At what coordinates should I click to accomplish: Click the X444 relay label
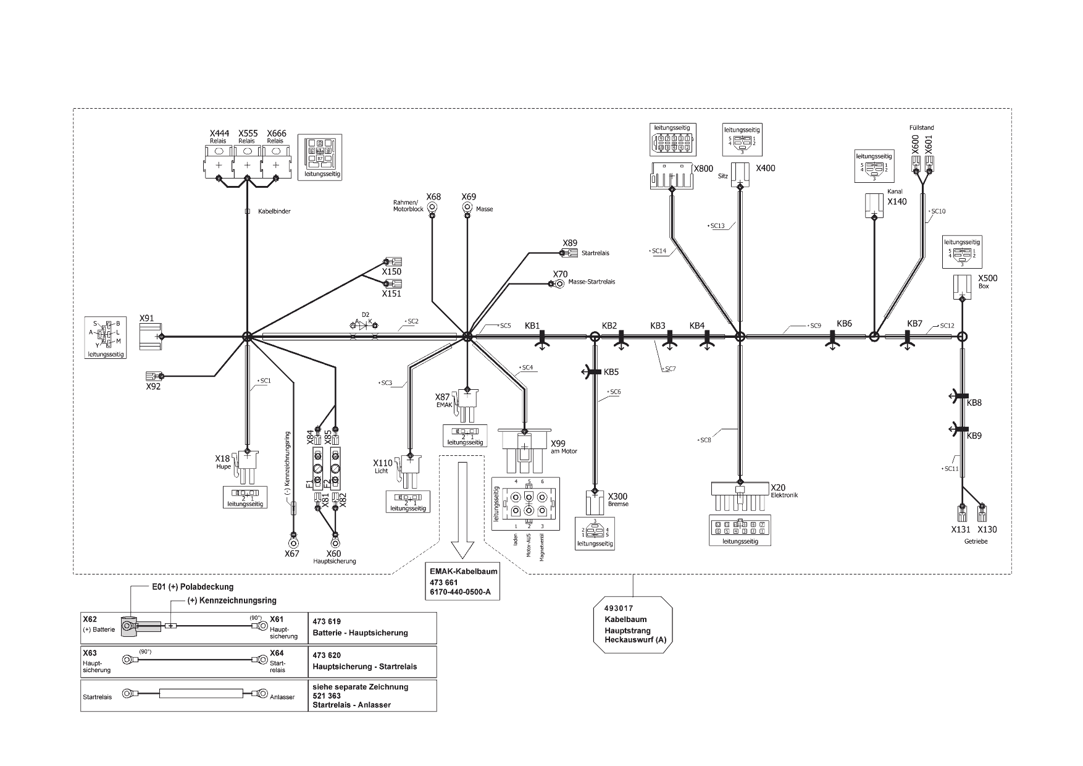[219, 133]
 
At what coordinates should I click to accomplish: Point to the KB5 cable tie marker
[594, 372]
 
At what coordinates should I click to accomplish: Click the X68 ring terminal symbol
[432, 208]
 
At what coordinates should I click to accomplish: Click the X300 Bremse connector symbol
[595, 502]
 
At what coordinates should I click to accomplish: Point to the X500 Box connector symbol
[961, 286]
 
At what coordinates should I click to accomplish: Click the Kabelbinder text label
[274, 211]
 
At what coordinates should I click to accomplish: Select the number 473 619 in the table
[327, 621]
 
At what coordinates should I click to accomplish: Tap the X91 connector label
[146, 318]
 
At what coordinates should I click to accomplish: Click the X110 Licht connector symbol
[409, 467]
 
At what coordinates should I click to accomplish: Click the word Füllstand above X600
[921, 128]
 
